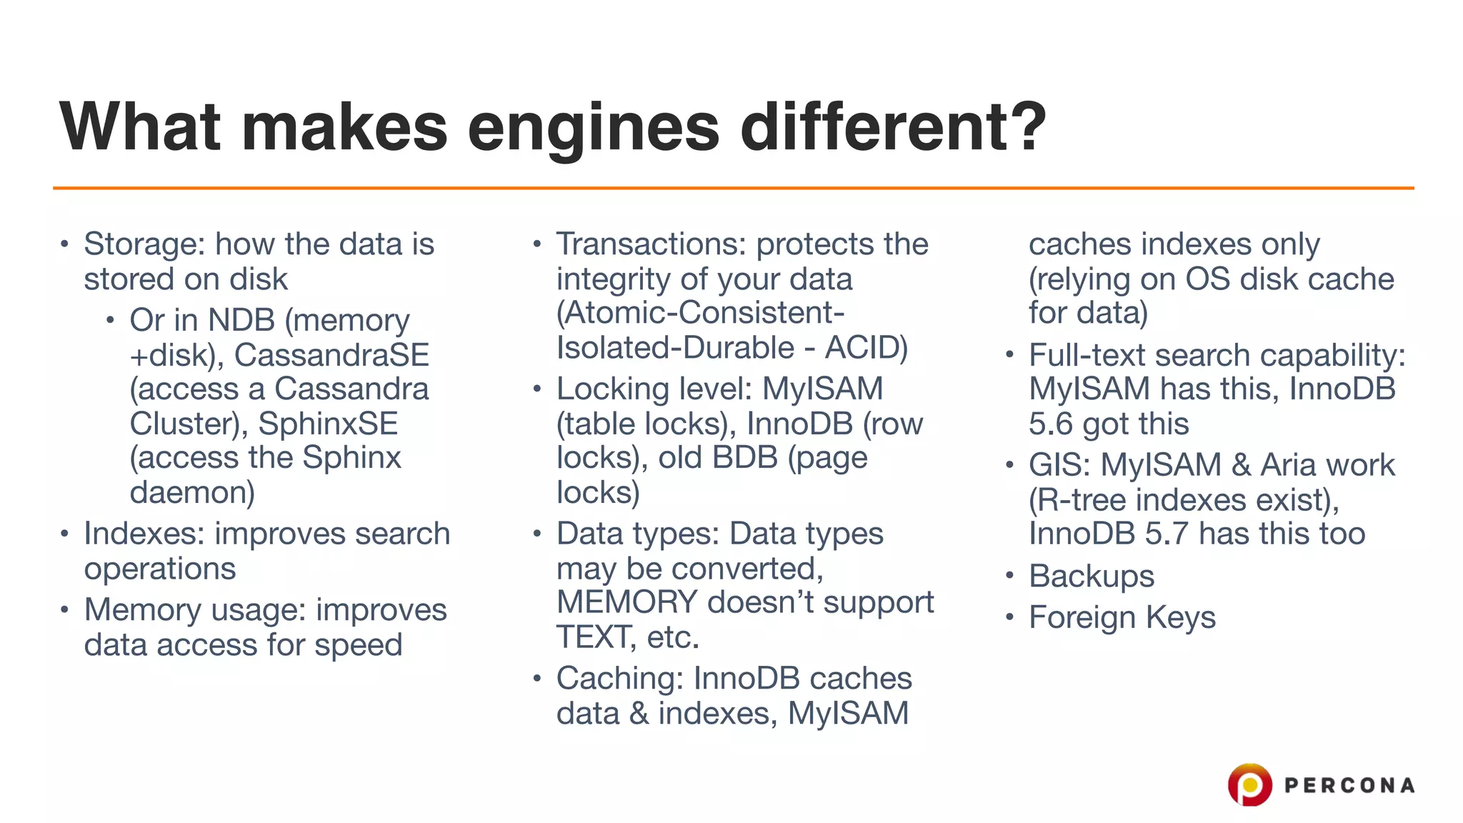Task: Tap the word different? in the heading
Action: click(893, 127)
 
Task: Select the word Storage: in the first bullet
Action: click(145, 245)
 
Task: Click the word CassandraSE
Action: click(331, 355)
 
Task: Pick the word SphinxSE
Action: click(328, 424)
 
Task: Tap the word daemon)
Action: click(192, 492)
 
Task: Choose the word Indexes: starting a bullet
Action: click(144, 534)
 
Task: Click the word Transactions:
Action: click(651, 244)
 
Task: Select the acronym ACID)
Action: click(867, 348)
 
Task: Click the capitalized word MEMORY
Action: click(626, 602)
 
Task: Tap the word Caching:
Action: click(619, 679)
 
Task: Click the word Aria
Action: click(1291, 465)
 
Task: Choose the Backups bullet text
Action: click(1091, 576)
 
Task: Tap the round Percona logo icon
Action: click(1249, 785)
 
